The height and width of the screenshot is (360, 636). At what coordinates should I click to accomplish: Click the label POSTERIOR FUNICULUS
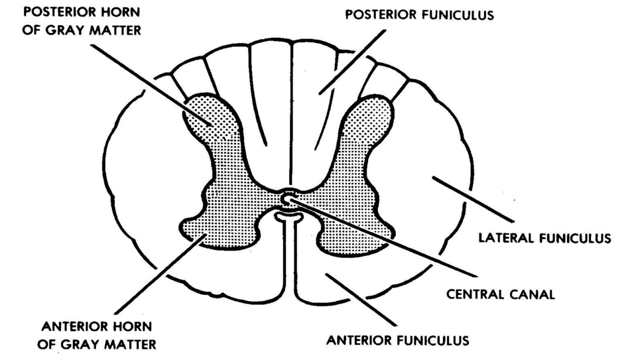[x=418, y=15]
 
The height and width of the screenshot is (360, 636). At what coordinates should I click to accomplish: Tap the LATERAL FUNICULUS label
[x=544, y=237]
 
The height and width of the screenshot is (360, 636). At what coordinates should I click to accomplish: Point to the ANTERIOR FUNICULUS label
[x=397, y=342]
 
